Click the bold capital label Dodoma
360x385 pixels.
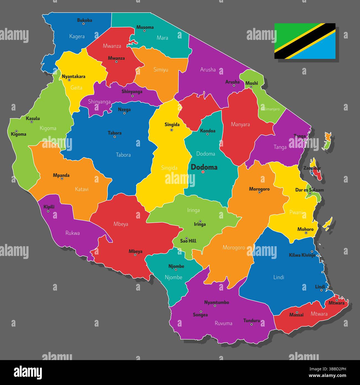(204, 167)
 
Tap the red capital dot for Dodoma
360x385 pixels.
(203, 172)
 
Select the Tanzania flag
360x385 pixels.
(305, 41)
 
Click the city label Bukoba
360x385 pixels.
(84, 20)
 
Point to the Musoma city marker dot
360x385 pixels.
(144, 31)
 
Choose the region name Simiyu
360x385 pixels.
(161, 70)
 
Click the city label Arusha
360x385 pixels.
(232, 82)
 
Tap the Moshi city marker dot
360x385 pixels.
(251, 87)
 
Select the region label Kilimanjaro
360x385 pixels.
(270, 109)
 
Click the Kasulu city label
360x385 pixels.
(33, 118)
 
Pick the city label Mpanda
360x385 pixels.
(61, 175)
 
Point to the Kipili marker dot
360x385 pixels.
(48, 211)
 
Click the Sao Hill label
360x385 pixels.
(188, 241)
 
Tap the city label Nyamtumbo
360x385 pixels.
(217, 302)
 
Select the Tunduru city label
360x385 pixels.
(251, 320)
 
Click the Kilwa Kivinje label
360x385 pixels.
(302, 255)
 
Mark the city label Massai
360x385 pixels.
(296, 315)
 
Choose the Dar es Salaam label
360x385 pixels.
(309, 190)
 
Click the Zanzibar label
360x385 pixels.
(312, 168)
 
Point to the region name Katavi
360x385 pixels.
(82, 189)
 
